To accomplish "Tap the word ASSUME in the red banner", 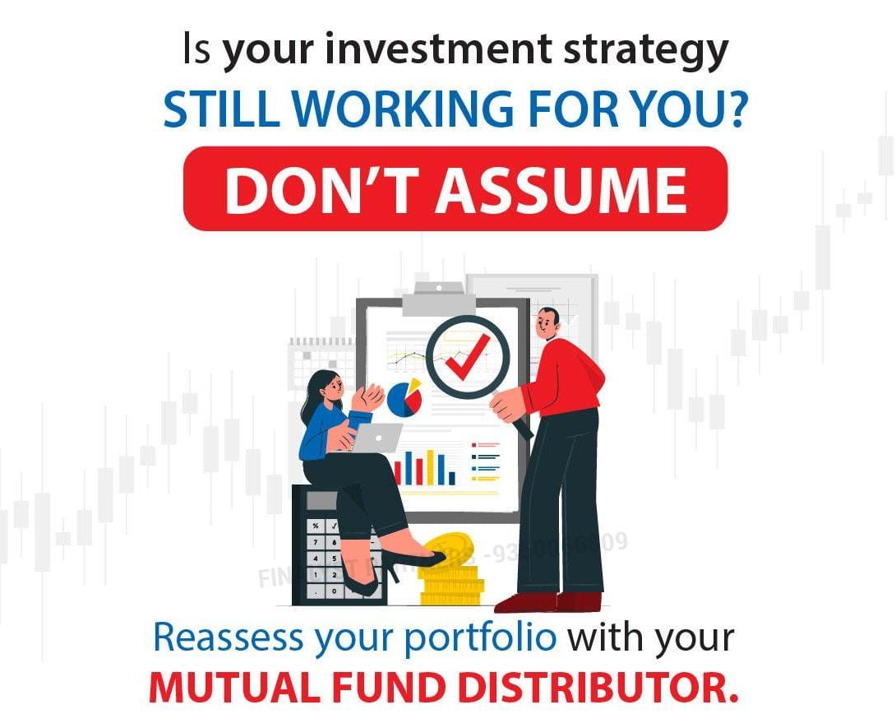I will click(x=561, y=189).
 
